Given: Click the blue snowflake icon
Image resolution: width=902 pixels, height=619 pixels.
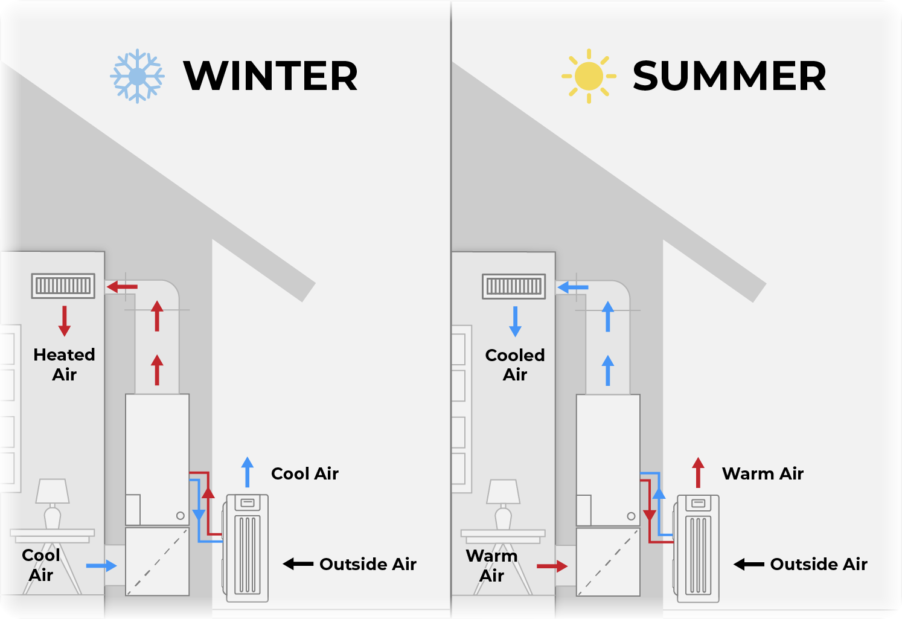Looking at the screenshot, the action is pos(137,76).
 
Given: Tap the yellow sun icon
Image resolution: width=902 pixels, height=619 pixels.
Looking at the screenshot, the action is pos(589,76).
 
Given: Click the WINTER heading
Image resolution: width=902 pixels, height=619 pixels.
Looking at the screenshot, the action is pos(270,76).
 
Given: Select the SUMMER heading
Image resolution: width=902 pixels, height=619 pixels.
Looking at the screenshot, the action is pos(729,76).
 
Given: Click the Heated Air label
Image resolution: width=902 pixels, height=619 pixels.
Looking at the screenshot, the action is pos(65,365).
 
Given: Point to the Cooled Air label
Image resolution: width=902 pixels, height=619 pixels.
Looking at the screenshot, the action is pos(515,365).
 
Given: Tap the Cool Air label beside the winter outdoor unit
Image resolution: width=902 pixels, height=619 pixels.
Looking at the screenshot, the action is pos(305,473).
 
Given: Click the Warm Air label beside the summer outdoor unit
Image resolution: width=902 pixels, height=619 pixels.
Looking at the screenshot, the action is pos(763,473).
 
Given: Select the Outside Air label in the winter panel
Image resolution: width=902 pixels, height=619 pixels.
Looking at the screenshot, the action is pos(368,564).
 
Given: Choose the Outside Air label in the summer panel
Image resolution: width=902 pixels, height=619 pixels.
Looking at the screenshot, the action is pos(819,564).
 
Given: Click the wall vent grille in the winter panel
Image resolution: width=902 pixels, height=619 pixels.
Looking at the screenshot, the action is pos(63,286).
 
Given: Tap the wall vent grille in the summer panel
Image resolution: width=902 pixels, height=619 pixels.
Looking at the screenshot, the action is pos(514,286).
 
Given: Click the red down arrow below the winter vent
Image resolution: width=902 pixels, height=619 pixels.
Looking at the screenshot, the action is pos(65,321).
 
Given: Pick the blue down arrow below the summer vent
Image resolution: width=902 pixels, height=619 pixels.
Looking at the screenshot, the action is pos(515,321).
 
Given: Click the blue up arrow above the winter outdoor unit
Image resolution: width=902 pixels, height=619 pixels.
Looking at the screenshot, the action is pos(248,472).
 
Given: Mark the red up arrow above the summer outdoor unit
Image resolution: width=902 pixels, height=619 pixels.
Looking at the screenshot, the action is pos(698,472).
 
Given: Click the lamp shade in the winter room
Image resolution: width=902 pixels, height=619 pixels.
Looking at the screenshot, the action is pos(53,491).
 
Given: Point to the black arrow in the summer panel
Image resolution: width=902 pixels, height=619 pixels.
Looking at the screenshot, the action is pos(749,564).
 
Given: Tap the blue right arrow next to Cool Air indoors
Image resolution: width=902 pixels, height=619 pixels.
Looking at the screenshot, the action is pos(101,566).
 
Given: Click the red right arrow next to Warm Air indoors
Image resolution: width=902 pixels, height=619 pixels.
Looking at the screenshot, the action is pos(552,566).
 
